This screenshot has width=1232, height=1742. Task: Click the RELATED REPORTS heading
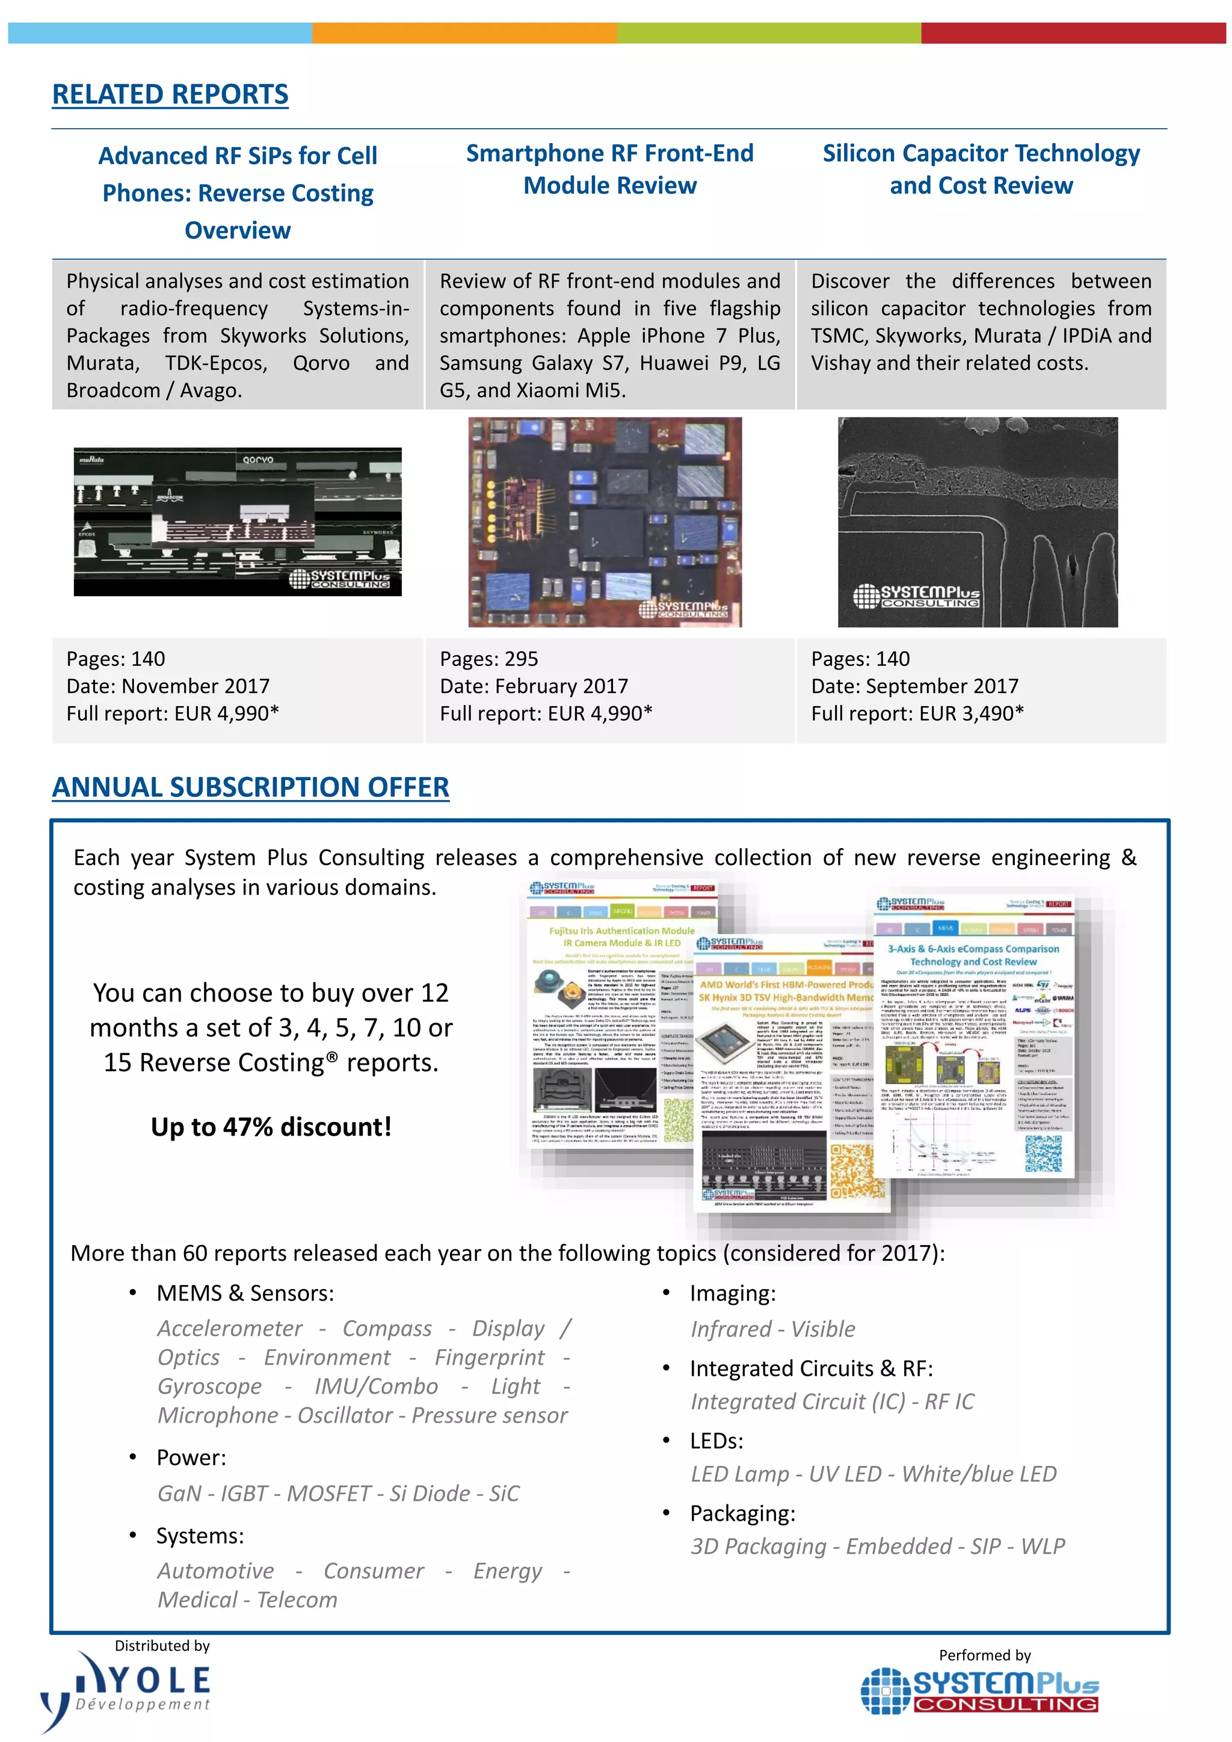pos(170,94)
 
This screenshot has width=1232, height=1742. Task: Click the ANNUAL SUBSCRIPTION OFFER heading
pos(250,787)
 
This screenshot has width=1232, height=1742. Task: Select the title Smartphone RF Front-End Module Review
pos(609,169)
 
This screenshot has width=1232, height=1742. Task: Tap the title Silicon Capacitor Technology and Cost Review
pos(981,169)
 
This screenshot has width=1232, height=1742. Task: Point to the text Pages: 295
pos(488,659)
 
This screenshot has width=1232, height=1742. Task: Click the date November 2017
pos(195,686)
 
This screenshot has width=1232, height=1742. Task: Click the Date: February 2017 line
pos(534,686)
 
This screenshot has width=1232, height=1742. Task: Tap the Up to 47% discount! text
pos(271,1127)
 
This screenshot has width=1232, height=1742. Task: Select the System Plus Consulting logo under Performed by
pos(980,1690)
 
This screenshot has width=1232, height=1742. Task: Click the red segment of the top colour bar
pos(1073,32)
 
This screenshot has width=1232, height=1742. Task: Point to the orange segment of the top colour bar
pos(464,32)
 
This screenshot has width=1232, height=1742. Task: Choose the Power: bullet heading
pos(191,1457)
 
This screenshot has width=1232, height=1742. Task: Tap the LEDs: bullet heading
pos(716,1441)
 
